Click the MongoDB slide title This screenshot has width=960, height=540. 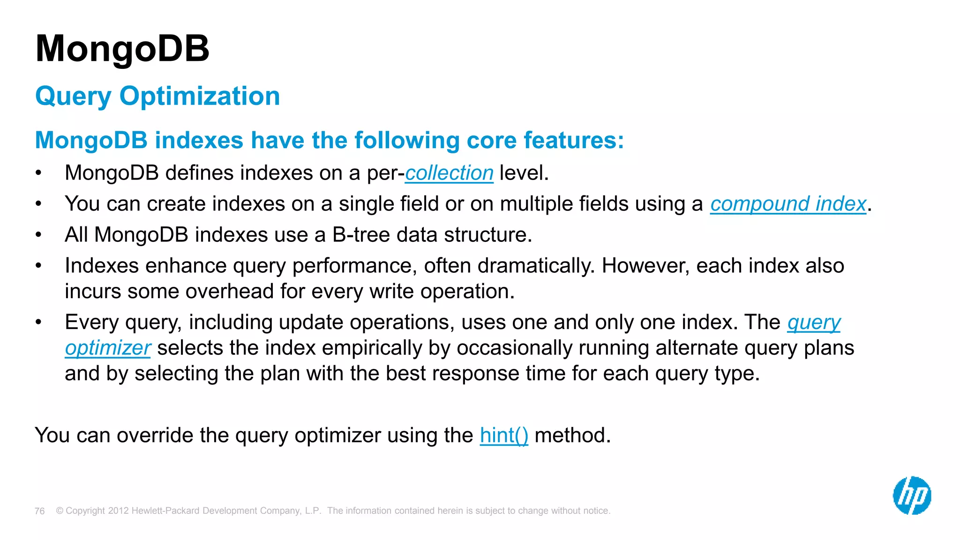tap(122, 49)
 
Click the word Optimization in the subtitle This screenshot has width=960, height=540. tap(199, 96)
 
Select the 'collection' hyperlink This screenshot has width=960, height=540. tap(449, 173)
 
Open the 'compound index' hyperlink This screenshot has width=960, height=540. tap(787, 204)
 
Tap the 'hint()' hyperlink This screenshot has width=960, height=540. tap(503, 435)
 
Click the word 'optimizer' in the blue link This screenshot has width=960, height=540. tap(108, 348)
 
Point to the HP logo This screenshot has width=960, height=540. tap(911, 495)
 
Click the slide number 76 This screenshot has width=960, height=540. tap(40, 511)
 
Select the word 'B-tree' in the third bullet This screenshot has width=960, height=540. tap(360, 235)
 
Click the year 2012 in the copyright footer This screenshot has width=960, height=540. tap(118, 511)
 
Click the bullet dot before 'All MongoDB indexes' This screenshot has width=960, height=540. tap(39, 235)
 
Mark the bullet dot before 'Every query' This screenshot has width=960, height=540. tap(39, 322)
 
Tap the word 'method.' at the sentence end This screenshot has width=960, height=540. tap(572, 435)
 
